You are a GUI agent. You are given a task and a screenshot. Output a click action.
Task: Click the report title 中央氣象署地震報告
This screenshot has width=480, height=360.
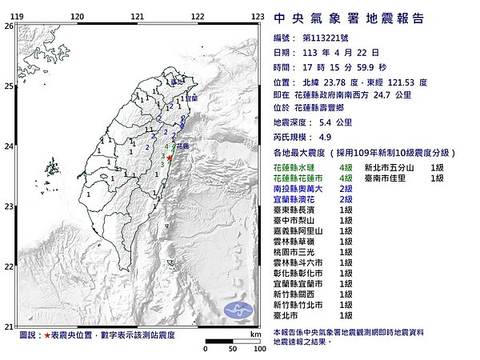pyautogui.click(x=349, y=18)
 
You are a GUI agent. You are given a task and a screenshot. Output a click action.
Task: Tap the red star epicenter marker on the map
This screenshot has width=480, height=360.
pyautogui.click(x=170, y=158)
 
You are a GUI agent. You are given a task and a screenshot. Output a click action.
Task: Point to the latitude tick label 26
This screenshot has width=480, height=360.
pyautogui.click(x=7, y=26)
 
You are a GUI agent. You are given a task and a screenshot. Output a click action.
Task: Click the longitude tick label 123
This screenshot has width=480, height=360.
pyautogui.click(x=258, y=15)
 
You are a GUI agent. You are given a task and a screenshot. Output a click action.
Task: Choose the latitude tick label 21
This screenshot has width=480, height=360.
pyautogui.click(x=7, y=326)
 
